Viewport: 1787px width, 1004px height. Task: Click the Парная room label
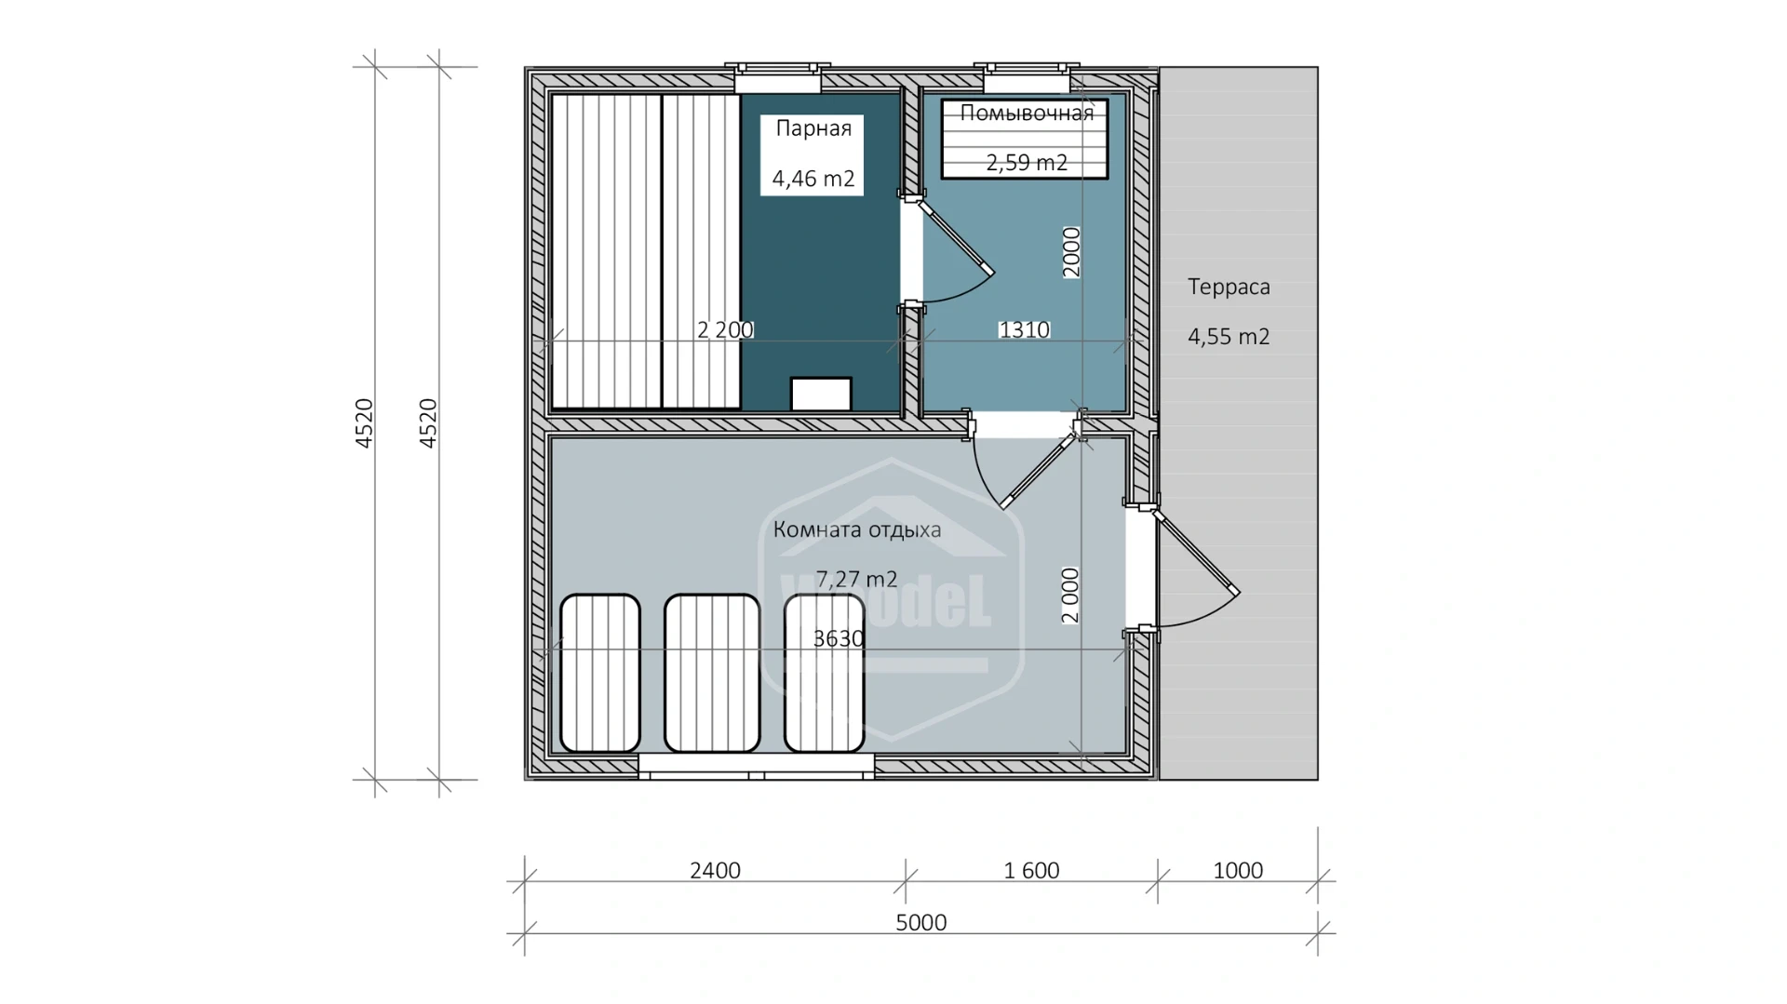[x=813, y=129]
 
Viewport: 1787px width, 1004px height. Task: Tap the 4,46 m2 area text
[x=813, y=179]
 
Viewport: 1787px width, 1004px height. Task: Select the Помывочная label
[x=1027, y=114]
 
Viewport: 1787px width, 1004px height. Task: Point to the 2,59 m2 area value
[x=1027, y=163]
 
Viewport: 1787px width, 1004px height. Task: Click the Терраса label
[x=1229, y=288]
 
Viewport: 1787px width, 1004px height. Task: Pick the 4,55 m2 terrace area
[x=1229, y=337]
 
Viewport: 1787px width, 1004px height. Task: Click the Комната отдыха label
[x=857, y=530]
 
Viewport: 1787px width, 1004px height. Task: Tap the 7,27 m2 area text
[x=856, y=580]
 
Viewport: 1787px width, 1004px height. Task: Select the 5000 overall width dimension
[x=921, y=922]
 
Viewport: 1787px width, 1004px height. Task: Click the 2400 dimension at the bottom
[x=715, y=870]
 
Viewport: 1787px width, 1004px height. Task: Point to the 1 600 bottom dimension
[x=1031, y=870]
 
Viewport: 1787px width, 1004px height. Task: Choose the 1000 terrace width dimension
[x=1238, y=870]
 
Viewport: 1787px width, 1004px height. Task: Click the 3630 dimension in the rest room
[x=839, y=638]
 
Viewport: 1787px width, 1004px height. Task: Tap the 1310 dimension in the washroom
[x=1024, y=329]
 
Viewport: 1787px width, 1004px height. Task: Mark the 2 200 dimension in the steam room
[x=725, y=329]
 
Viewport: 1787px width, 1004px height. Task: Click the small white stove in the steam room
[x=821, y=394]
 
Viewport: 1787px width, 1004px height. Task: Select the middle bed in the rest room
[x=712, y=673]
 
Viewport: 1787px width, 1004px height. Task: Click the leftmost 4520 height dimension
[x=365, y=423]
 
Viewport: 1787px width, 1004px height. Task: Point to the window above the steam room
[x=778, y=76]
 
